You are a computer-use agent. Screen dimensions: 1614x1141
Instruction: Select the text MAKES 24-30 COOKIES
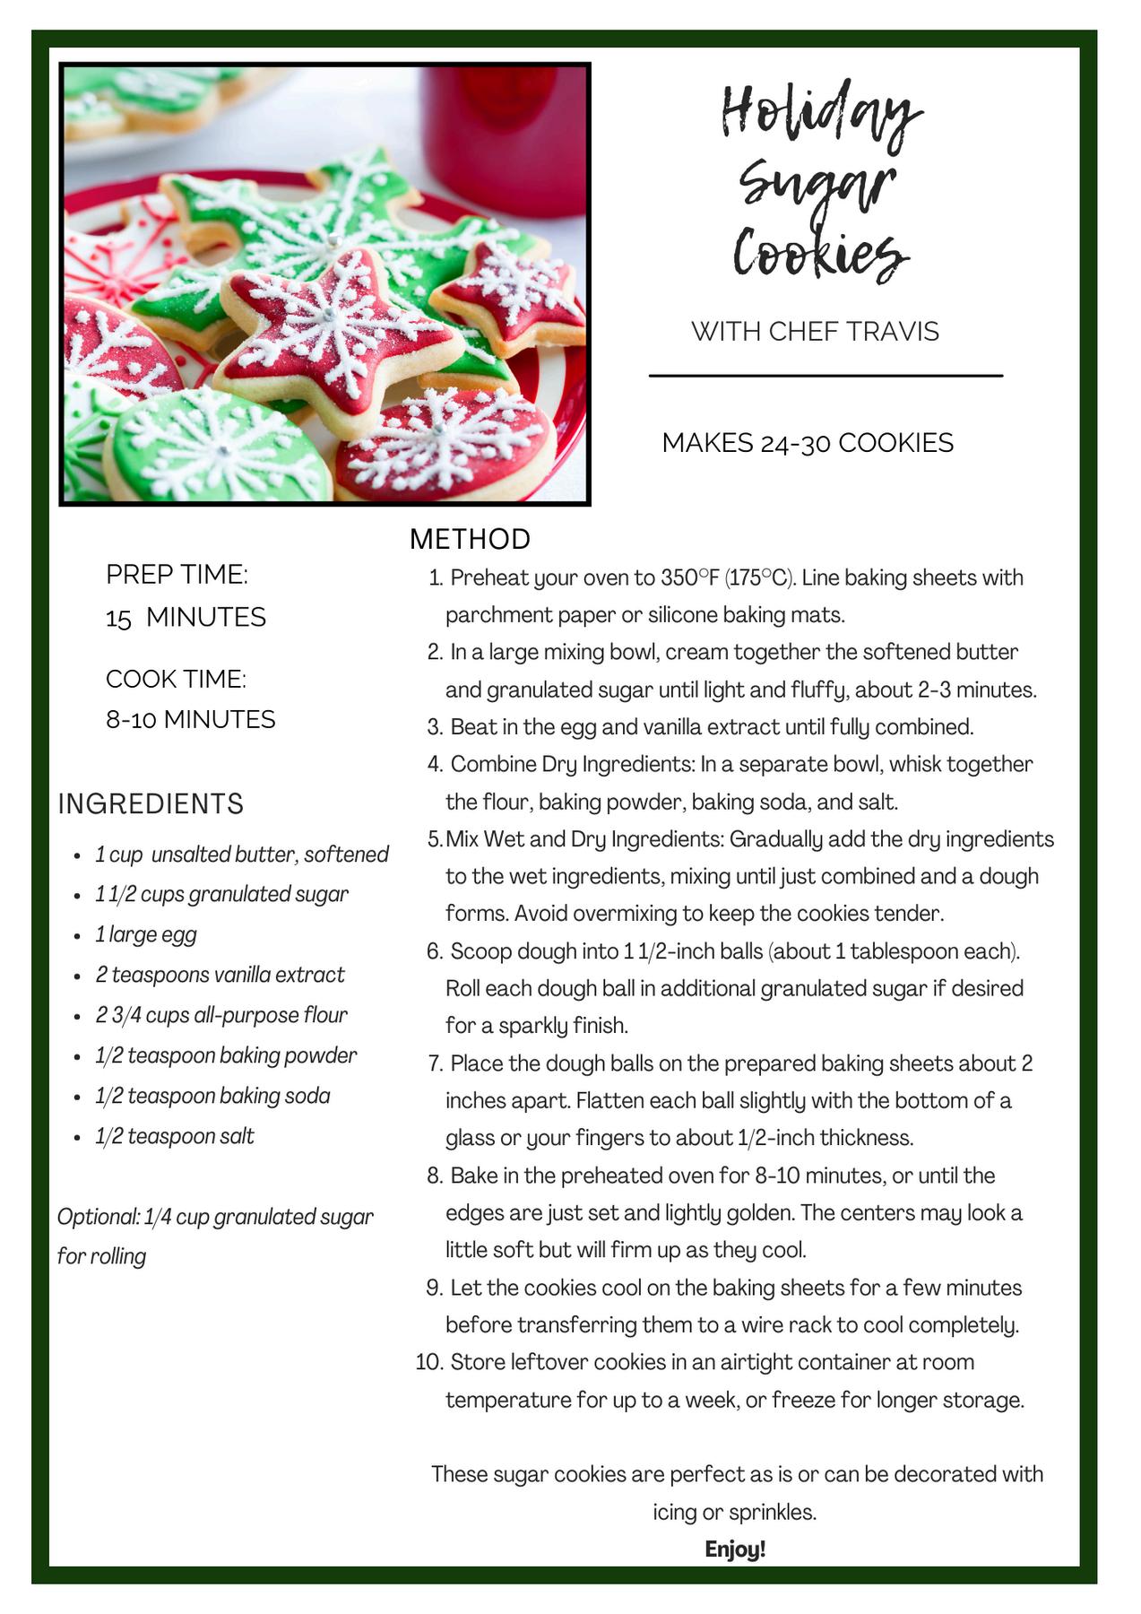808,443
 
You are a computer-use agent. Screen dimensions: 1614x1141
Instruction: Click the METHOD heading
470,539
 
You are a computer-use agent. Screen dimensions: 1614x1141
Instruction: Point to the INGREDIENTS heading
151,803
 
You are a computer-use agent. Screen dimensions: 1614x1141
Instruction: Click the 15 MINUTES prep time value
186,617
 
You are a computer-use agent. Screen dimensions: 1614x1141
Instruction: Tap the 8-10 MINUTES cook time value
190,719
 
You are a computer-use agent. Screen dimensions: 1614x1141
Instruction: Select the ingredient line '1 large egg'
146,934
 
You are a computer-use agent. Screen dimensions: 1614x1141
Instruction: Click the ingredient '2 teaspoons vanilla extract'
220,975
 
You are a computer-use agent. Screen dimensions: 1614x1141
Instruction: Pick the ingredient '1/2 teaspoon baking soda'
212,1096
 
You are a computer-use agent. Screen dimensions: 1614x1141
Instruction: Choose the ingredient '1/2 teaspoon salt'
175,1136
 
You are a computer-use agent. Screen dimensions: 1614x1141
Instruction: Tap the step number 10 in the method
429,1362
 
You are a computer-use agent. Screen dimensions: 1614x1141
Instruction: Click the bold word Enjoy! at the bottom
735,1549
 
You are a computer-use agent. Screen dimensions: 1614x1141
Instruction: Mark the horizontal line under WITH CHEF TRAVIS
825,376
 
